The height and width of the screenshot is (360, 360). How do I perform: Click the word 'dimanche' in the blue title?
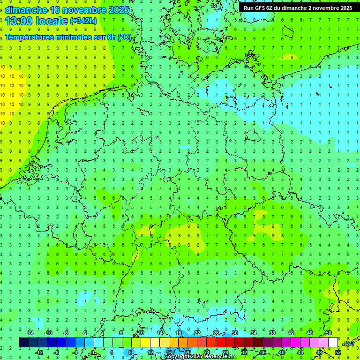point(26,10)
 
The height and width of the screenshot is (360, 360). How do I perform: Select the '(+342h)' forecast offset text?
point(83,21)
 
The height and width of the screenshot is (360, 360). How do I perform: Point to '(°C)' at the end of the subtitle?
point(125,37)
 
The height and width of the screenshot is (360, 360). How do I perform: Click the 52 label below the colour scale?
point(338,352)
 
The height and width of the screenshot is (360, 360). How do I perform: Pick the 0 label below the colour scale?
point(93,352)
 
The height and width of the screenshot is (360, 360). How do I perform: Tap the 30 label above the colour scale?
point(235,333)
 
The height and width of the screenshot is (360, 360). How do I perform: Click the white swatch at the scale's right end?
point(333,343)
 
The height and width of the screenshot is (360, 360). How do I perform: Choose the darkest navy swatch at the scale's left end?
point(23,343)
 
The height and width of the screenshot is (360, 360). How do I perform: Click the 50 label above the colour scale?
point(329,333)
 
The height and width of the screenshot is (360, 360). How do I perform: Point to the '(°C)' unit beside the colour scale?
point(349,343)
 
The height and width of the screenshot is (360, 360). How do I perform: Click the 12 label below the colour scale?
point(150,352)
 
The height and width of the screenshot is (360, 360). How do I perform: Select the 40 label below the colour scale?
point(282,352)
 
